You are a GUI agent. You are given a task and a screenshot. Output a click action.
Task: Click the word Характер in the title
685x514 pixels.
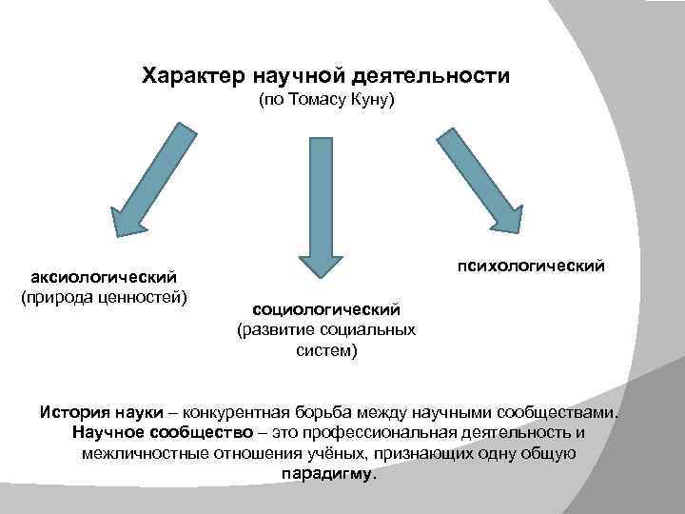coord(194,74)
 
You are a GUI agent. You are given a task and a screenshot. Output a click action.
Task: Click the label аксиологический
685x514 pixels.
coord(105,277)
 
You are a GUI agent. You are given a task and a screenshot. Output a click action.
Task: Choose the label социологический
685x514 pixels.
coord(325,309)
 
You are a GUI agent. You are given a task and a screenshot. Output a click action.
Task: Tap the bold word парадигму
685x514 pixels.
coord(329,473)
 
